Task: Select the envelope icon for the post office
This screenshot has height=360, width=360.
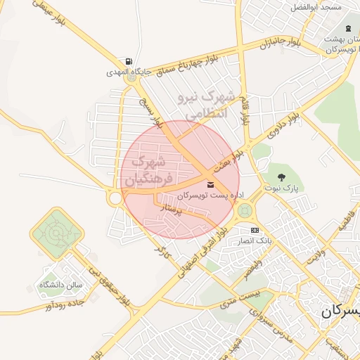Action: tap(209, 184)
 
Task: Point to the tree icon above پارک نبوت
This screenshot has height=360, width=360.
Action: tap(282, 177)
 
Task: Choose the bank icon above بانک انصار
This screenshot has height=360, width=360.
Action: tap(254, 230)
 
